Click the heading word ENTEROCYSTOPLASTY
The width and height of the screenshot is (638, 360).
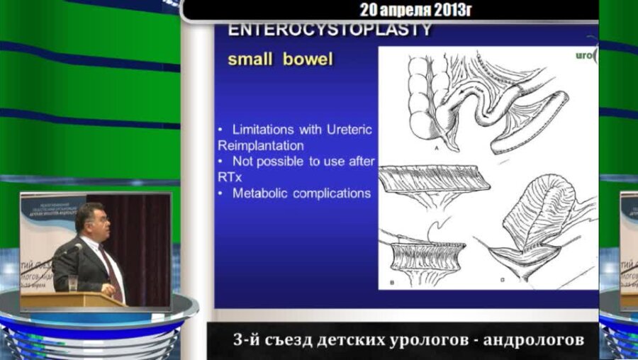pyautogui.click(x=330, y=30)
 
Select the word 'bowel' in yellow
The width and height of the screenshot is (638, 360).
pyautogui.click(x=308, y=59)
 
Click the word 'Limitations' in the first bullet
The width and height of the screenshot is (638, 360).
pyautogui.click(x=264, y=131)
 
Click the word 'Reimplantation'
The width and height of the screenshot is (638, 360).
pyautogui.click(x=260, y=145)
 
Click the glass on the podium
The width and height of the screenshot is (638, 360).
pyautogui.click(x=72, y=283)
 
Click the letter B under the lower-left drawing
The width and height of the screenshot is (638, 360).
pyautogui.click(x=391, y=283)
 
